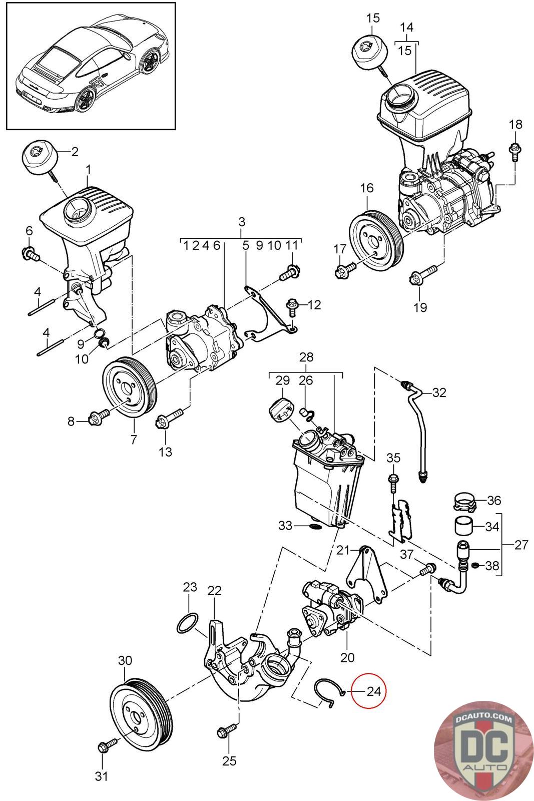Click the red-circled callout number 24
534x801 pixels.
pyautogui.click(x=373, y=691)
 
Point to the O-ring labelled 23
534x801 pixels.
pyautogui.click(x=187, y=623)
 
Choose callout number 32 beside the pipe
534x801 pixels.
pyautogui.click(x=439, y=392)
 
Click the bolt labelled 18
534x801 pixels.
pyautogui.click(x=514, y=152)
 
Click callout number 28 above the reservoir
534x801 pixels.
pyautogui.click(x=306, y=357)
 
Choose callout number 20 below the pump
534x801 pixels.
pyautogui.click(x=347, y=657)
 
